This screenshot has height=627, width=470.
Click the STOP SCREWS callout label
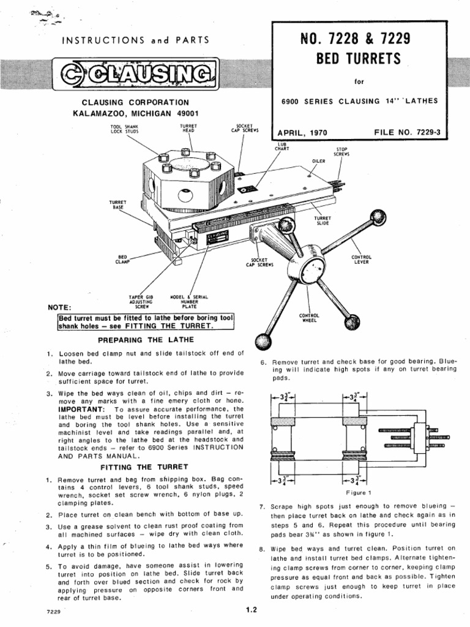point(341,151)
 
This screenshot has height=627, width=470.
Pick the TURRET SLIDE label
point(323,220)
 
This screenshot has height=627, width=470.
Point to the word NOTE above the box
point(59,307)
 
